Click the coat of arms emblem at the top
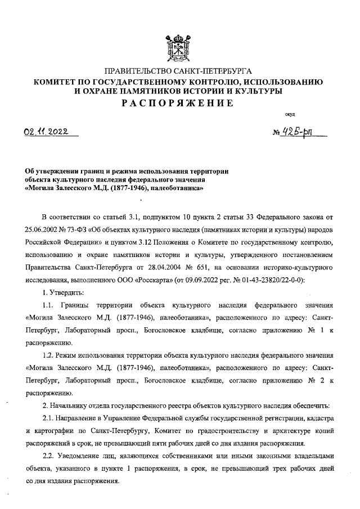(179, 49)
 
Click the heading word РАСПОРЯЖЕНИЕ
(179, 103)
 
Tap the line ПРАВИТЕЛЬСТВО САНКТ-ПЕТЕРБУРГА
(179, 72)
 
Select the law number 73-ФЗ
(78, 231)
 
